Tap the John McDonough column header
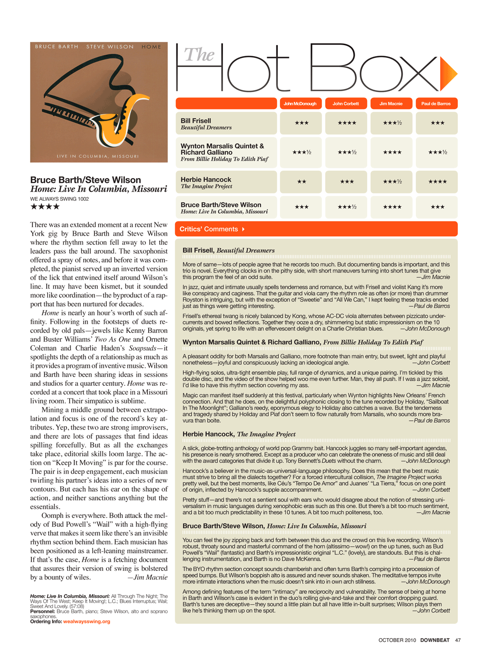tap(300, 104)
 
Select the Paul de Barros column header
tap(436, 104)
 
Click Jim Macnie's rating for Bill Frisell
tap(392, 123)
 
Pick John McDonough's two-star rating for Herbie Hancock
tap(301, 181)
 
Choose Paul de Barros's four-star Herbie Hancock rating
tap(437, 181)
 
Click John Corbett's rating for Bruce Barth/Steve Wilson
tap(347, 207)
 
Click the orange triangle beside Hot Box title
tap(448, 74)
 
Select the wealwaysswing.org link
tap(87, 622)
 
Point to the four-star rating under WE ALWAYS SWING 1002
tap(45, 207)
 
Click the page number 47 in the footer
tap(458, 640)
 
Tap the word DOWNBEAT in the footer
tap(435, 640)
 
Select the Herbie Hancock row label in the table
tap(206, 180)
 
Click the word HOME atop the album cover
tap(152, 47)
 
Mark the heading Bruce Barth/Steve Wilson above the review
tap(86, 180)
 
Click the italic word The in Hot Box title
tap(199, 55)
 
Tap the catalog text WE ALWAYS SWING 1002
tap(59, 199)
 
